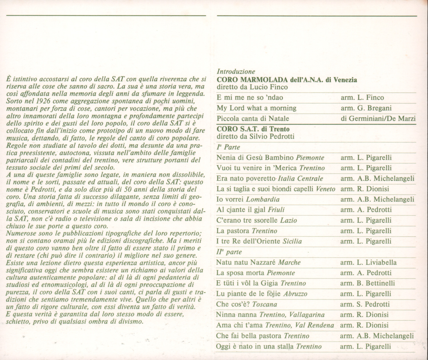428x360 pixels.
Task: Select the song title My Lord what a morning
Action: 257,108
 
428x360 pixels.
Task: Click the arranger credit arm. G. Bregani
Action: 366,108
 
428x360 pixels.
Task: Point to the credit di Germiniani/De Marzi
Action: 378,119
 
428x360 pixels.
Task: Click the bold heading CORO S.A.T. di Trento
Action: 253,129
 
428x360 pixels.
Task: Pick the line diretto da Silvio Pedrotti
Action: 255,136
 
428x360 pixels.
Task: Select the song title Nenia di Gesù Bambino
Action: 255,157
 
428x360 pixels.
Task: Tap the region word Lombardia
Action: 263,199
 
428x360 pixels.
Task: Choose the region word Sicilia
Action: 292,241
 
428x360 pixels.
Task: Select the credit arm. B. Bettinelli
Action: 368,283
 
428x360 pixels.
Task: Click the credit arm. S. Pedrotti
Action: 365,304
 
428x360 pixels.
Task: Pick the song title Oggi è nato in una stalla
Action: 255,347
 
